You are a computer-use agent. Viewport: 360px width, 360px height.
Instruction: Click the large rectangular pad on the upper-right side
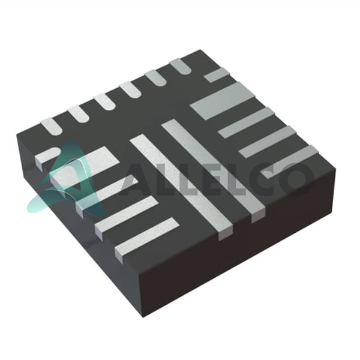(223, 101)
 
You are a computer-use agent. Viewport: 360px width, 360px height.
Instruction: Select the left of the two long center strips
(181, 186)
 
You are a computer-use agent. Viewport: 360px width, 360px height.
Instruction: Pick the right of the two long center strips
(214, 167)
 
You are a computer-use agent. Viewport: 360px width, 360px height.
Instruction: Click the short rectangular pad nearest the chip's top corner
(217, 75)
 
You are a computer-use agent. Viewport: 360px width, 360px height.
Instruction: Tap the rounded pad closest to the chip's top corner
(181, 66)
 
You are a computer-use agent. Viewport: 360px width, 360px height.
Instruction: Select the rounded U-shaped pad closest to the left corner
(52, 126)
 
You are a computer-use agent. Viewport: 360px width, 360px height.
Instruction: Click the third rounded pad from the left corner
(104, 101)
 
